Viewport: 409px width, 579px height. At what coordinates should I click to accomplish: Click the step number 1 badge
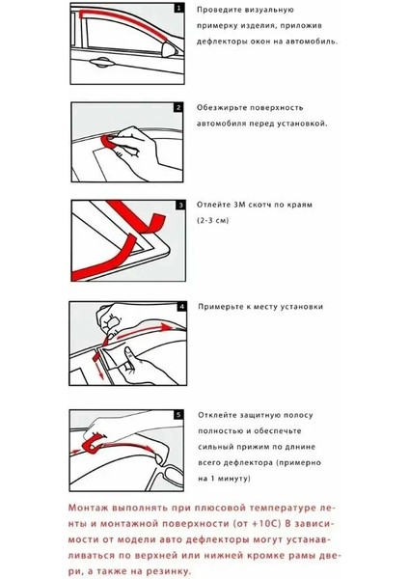tap(179, 8)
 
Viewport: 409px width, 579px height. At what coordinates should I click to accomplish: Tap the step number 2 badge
tap(178, 107)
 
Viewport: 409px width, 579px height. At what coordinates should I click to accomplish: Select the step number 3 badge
tap(180, 205)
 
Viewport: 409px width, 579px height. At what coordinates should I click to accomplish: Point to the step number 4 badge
tap(181, 307)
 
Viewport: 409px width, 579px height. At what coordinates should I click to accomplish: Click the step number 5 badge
tap(178, 415)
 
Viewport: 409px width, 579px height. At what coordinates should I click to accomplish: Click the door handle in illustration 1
tap(100, 63)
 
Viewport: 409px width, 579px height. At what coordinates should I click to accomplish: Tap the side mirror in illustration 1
tap(170, 50)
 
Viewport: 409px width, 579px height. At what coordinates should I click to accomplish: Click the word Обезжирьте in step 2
tap(221, 108)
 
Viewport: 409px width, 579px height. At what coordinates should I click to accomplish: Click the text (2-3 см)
tap(212, 220)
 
